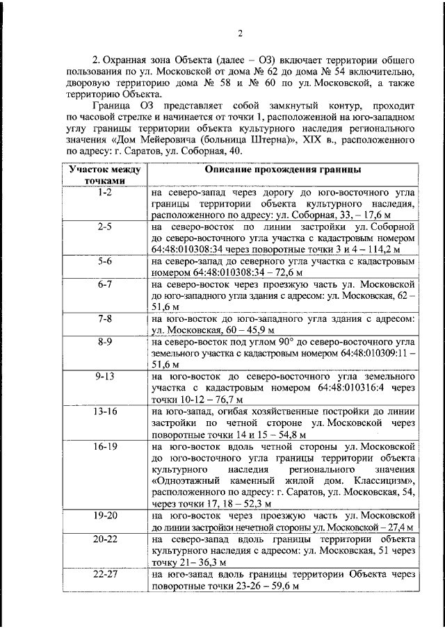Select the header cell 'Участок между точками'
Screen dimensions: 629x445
coord(104,175)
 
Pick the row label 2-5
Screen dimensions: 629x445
coord(104,227)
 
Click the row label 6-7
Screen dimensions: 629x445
coord(104,285)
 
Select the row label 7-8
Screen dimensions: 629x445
coord(104,319)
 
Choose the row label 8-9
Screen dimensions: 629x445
coord(104,342)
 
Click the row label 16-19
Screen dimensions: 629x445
coord(104,445)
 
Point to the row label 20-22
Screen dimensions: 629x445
coord(104,539)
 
